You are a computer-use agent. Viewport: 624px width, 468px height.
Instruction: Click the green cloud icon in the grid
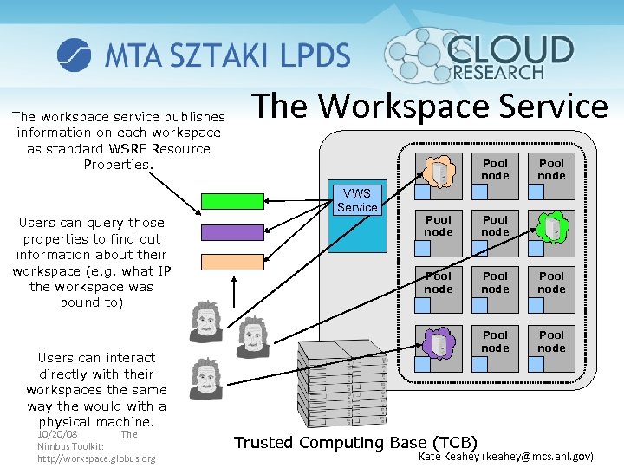pyautogui.click(x=551, y=227)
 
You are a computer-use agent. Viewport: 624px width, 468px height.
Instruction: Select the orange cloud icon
pyautogui.click(x=439, y=171)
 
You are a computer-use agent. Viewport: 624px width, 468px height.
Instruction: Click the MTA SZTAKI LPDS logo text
pyautogui.click(x=227, y=55)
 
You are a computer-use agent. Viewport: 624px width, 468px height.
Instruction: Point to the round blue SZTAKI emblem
pyautogui.click(x=74, y=55)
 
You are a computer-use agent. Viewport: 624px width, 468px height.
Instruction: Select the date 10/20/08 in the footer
pyautogui.click(x=57, y=433)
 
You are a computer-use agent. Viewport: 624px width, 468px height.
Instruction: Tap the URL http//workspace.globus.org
pyautogui.click(x=96, y=458)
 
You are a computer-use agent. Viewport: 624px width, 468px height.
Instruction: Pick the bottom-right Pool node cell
pyautogui.click(x=551, y=342)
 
